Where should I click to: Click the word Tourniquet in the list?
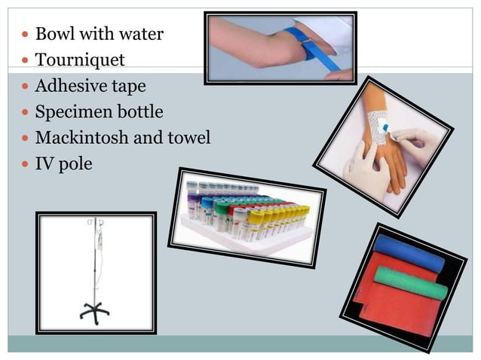[x=80, y=59]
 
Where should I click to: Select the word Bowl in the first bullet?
[x=53, y=34]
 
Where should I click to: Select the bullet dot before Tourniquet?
[x=24, y=59]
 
